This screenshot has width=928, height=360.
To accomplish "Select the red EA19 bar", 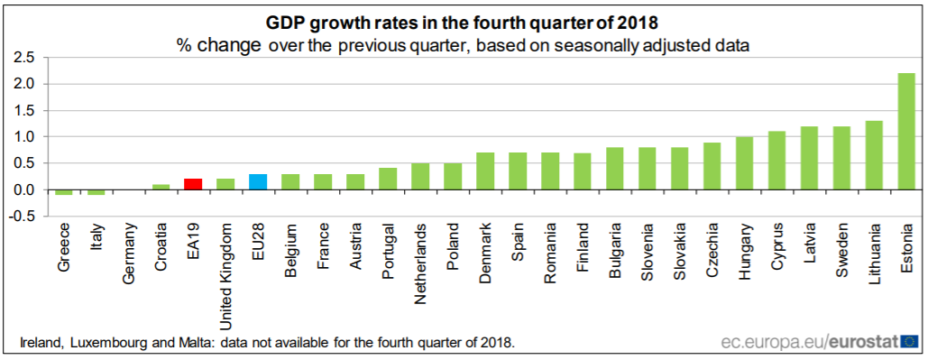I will click(x=193, y=184).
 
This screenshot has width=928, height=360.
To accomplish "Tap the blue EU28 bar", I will click(x=258, y=182).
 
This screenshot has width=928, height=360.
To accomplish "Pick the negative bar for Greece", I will click(x=63, y=192).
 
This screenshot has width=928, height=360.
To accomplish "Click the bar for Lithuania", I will click(x=873, y=155).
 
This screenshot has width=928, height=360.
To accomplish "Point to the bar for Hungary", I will click(x=744, y=163).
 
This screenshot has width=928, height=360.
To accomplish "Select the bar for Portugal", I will click(x=388, y=179).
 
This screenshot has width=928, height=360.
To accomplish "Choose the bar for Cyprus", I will click(x=776, y=161).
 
